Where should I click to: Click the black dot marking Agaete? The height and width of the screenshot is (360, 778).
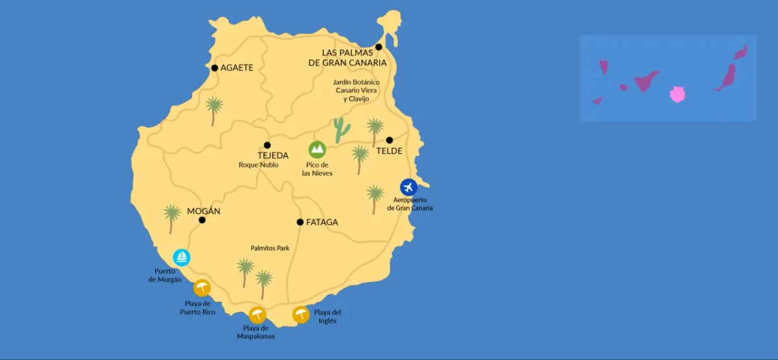(215, 67)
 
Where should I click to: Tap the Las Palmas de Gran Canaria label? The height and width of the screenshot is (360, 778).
(347, 58)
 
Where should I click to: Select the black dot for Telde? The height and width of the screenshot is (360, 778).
(390, 140)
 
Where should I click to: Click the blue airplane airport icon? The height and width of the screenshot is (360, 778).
(408, 187)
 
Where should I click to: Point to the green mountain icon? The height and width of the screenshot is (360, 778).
(317, 150)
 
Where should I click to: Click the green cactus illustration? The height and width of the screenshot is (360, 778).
(341, 130)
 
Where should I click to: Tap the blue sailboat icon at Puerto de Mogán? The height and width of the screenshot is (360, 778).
(182, 258)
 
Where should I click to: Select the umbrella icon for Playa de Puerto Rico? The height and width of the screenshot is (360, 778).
(202, 287)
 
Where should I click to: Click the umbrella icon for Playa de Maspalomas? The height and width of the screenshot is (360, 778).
(257, 315)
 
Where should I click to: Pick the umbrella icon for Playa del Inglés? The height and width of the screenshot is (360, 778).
(301, 315)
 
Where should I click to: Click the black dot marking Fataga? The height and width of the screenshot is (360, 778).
(300, 222)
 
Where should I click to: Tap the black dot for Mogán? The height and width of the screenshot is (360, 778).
(202, 220)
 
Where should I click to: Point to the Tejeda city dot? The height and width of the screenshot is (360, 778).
(267, 145)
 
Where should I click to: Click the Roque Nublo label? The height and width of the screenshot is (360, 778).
(259, 165)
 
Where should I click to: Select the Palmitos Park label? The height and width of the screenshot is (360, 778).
(270, 248)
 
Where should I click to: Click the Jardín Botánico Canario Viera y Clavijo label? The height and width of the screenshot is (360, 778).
(356, 91)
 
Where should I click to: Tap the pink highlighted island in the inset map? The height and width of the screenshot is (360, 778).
(678, 94)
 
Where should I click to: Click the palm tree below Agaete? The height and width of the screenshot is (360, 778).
(214, 110)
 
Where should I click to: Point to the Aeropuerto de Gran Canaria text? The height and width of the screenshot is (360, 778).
(409, 204)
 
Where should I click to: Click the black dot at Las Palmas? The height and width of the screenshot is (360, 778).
(379, 47)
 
